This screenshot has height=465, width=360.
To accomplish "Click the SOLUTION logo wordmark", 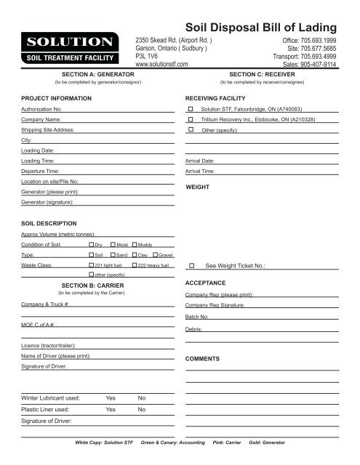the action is coord(70,41).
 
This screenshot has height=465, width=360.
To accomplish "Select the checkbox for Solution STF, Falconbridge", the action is coord(191,108).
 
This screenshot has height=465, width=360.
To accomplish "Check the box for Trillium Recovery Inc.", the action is coord(191,118).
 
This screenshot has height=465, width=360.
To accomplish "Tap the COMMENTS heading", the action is coord(209,360).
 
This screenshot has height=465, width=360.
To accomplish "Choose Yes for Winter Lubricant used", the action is coord(111,398).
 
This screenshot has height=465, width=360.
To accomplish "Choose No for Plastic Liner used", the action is coord(142,409).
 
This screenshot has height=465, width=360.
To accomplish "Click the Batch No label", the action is coord(199,318).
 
